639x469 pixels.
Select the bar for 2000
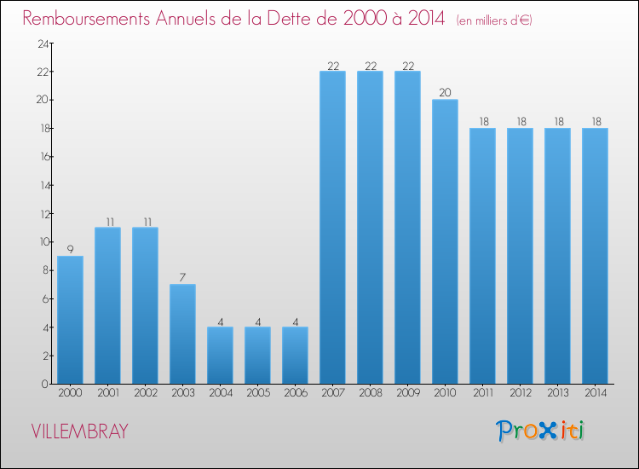tap(70, 320)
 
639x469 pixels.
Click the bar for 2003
tap(182, 334)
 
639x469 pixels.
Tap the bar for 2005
tap(257, 356)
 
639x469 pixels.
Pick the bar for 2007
tap(332, 228)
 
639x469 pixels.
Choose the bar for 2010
tap(445, 241)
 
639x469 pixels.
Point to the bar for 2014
tap(595, 256)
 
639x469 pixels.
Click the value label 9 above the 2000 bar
tap(70, 250)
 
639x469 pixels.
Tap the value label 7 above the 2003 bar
tap(182, 278)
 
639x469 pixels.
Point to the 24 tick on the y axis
tap(40, 43)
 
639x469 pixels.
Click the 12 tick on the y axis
tap(40, 214)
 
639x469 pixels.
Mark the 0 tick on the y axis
tap(43, 385)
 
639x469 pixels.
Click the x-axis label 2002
tap(145, 393)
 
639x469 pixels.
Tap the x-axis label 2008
tap(370, 393)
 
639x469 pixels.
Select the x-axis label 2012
tap(520, 393)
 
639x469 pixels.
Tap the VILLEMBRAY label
tap(79, 431)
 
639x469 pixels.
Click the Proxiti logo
tap(540, 431)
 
